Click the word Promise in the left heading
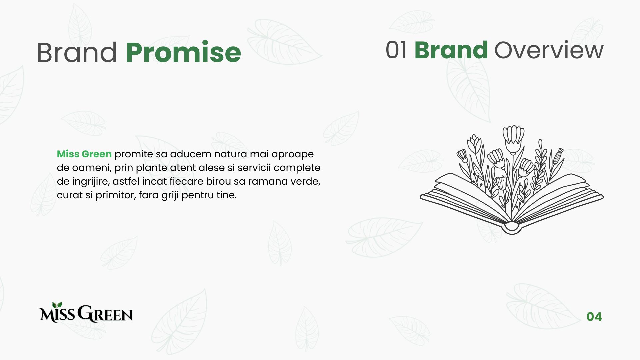(183, 53)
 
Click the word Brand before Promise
(77, 52)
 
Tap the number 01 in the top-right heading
(396, 50)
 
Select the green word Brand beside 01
(451, 50)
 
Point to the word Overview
(549, 50)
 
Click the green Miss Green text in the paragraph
(84, 154)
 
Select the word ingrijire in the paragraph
(91, 182)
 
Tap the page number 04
(594, 317)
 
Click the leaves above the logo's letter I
(57, 305)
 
